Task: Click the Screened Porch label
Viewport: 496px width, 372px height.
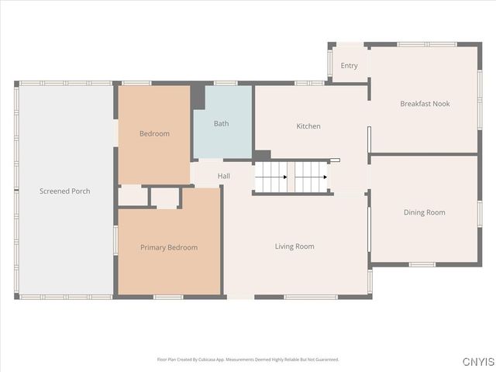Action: pos(65,191)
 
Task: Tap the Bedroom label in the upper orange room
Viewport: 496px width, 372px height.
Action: pos(154,134)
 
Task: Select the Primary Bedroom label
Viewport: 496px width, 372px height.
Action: pos(169,247)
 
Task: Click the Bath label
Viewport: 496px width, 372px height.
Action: pos(222,123)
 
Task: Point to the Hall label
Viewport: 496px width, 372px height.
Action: pos(224,176)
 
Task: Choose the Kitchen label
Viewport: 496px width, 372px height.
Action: pos(308,126)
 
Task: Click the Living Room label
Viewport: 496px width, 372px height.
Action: pos(294,246)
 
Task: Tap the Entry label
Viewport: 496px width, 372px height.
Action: pos(350,66)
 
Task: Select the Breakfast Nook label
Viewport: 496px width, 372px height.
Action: pos(425,104)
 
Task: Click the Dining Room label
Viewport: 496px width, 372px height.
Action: pos(425,212)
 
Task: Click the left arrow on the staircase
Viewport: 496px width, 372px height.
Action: pos(271,177)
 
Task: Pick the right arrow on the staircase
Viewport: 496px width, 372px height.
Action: pos(310,177)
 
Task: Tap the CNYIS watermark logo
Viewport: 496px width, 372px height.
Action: pos(479,362)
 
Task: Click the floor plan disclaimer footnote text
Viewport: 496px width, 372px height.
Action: pos(248,360)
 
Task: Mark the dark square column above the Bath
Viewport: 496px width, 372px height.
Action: pos(198,96)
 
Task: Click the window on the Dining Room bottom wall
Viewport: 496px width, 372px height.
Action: pos(422,265)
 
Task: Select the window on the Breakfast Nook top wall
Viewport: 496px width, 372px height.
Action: pos(427,44)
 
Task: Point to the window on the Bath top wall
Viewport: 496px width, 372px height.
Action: pos(226,83)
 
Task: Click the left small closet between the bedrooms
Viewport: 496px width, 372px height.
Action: pos(133,197)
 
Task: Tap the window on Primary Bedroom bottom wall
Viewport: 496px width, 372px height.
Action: pos(168,297)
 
